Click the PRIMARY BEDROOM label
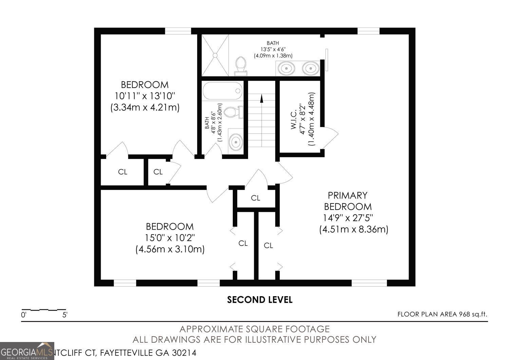tap(348, 201)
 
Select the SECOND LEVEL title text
tap(260, 300)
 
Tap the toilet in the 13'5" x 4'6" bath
tap(241, 65)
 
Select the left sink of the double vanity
tap(287, 68)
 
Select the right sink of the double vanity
tap(310, 68)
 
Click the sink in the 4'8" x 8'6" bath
tap(235, 142)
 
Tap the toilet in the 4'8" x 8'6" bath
tap(234, 112)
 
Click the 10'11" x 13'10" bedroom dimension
tap(145, 96)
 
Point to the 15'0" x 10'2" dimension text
tap(170, 238)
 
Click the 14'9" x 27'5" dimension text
tap(348, 218)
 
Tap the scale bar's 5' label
tap(65, 315)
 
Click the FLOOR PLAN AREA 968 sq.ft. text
tap(442, 314)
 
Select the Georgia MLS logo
tap(27, 351)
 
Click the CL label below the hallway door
tap(256, 198)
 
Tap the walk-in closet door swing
tap(330, 137)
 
